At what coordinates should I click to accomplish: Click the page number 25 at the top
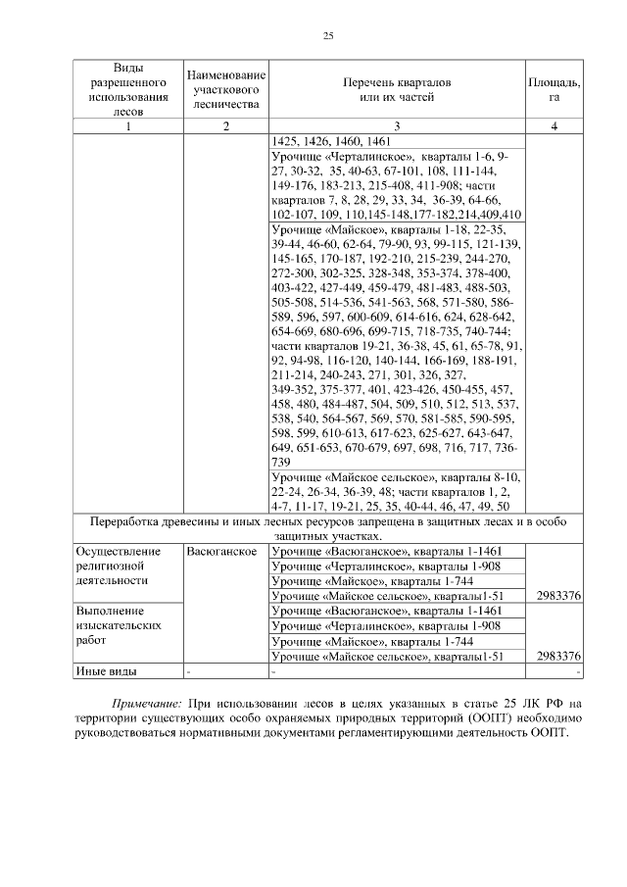pos(328,36)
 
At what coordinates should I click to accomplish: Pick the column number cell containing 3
pos(396,125)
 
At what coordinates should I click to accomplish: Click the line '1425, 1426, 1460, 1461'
pos(329,141)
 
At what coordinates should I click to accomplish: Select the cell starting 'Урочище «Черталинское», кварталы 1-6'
pos(396,184)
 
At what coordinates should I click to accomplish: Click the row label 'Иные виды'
pos(107,671)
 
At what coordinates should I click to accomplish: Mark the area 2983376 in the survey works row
pos(554,656)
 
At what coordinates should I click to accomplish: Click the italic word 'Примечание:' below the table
pos(146,703)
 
